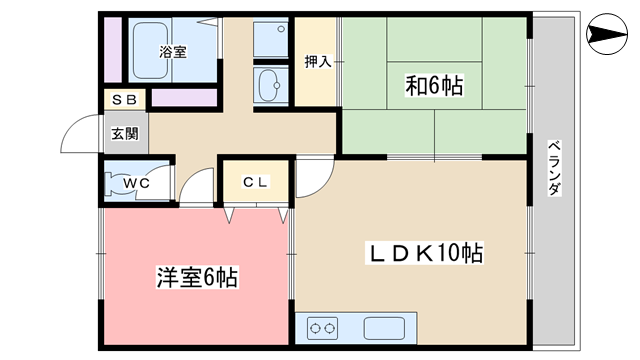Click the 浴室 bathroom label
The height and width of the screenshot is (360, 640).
point(173,52)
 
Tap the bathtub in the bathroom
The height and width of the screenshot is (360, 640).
point(151,50)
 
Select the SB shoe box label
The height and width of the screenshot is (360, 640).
point(124,100)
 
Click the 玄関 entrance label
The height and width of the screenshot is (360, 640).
point(125,133)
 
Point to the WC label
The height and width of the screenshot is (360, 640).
point(136,183)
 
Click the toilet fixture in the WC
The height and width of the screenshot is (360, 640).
point(116,183)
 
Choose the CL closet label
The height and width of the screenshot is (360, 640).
point(255,182)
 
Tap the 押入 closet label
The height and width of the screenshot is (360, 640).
point(318,62)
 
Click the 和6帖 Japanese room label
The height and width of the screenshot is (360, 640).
point(434,86)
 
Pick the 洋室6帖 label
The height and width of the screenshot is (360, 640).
point(197,278)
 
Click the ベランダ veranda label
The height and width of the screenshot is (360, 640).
point(554,168)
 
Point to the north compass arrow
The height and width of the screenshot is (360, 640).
point(607,34)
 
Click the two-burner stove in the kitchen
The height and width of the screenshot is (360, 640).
point(322,328)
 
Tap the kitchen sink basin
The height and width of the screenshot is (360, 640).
point(384,328)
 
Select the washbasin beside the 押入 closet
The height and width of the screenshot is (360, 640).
point(270,85)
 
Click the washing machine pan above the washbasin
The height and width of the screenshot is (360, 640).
point(270,39)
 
